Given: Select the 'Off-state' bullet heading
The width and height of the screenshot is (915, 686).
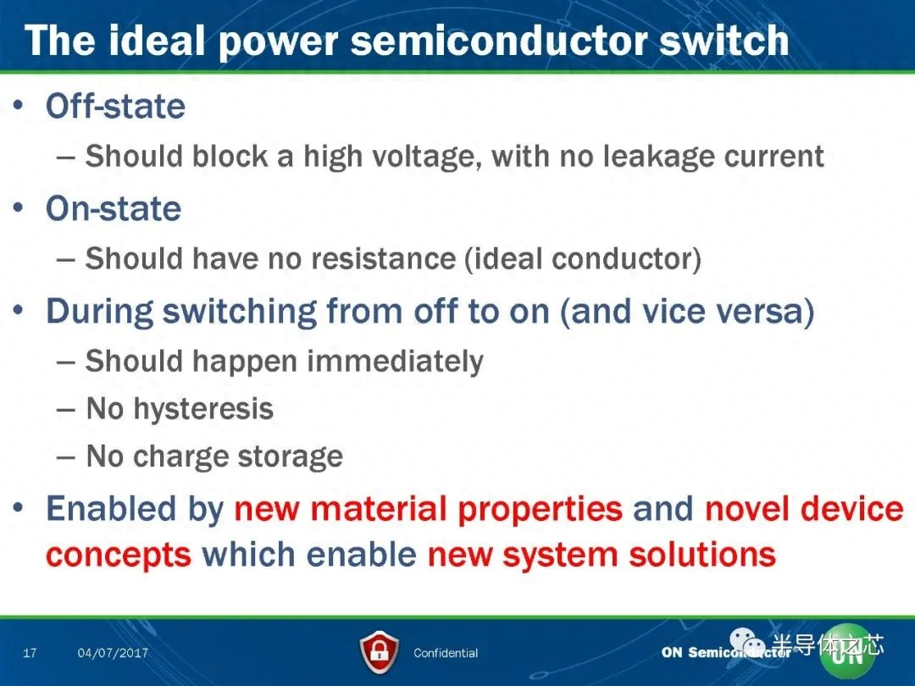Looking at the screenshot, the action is (115, 106).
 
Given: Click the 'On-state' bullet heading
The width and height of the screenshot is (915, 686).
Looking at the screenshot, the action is (114, 208).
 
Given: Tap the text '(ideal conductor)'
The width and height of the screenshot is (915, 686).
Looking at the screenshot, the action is (583, 259).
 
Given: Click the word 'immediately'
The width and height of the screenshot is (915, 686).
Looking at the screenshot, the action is (395, 362).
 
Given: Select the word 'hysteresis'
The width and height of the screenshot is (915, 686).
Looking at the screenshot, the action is (203, 409).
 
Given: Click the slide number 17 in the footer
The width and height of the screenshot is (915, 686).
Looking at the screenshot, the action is (30, 653).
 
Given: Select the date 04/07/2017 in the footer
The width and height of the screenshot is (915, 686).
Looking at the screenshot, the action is (113, 653).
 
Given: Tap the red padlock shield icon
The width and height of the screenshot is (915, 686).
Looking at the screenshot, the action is (380, 652).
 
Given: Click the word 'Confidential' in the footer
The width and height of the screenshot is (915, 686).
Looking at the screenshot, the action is (446, 653).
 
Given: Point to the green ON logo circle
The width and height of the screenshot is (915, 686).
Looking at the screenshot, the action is (847, 652).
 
